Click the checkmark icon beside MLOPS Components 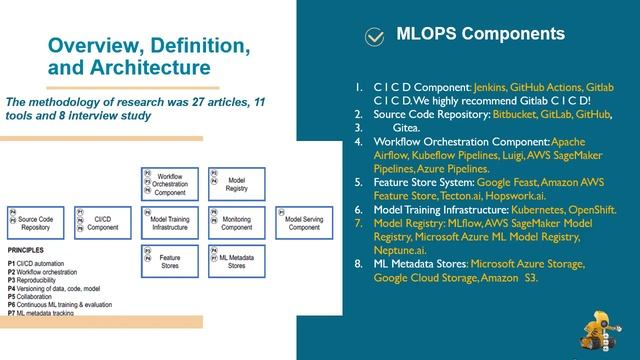pos(374,37)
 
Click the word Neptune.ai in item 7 pos(397,250)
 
